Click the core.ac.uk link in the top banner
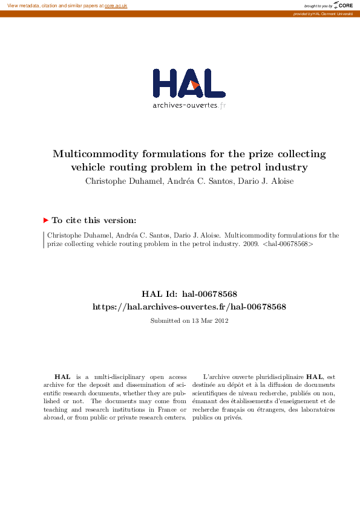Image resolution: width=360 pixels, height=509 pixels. coord(116,5)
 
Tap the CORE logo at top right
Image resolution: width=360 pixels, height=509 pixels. coord(344,5)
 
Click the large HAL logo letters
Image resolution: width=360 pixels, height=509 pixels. coord(189,83)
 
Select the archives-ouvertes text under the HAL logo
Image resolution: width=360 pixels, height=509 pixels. coord(185,105)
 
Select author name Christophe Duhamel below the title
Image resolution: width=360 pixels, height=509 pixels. coord(116,181)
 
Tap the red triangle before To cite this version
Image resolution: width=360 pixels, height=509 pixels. coord(45,221)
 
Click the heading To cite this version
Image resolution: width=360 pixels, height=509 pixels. coord(94,221)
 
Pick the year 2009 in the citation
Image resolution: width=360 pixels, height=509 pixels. coord(250,245)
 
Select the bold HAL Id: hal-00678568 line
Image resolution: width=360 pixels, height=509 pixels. coord(189,294)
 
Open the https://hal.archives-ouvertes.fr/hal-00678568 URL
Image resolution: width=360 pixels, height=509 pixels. coord(189,306)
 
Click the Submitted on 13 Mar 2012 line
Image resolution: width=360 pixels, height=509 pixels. coord(189,320)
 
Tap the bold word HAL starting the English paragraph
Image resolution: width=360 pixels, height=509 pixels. coord(62,377)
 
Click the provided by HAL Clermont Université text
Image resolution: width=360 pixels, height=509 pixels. coord(322,13)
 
